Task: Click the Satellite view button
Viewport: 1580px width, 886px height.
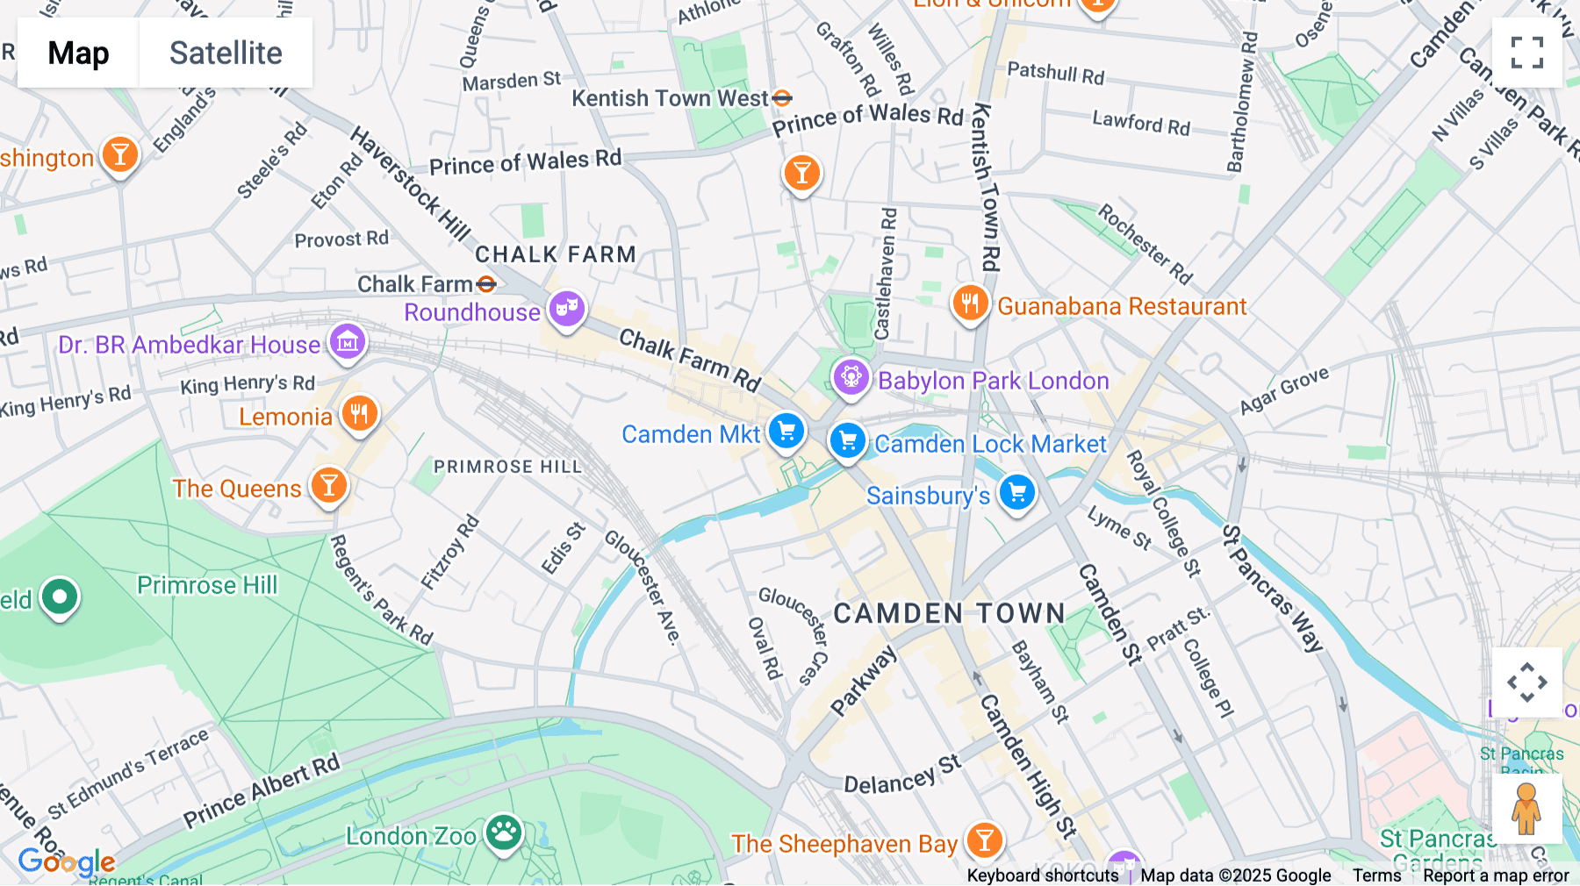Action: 226,53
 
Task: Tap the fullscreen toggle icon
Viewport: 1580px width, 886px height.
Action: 1526,53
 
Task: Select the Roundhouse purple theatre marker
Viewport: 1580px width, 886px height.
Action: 567,309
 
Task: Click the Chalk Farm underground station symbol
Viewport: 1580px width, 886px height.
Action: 486,284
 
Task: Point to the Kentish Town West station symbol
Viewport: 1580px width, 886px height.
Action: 782,98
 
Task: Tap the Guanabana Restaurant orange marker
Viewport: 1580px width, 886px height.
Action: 970,304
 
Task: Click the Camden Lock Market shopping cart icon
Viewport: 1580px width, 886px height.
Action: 848,441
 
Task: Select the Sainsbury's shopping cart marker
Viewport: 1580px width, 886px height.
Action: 1016,493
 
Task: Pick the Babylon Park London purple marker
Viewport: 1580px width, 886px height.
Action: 851,378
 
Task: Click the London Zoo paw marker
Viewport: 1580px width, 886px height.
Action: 504,832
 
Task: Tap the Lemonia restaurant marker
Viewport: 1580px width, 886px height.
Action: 359,413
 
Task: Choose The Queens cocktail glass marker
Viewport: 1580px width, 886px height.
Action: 329,485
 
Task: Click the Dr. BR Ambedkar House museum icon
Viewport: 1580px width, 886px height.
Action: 348,342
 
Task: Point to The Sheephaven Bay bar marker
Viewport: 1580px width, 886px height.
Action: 984,840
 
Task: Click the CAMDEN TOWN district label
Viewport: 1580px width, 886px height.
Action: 949,613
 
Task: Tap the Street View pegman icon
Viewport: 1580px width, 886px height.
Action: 1526,808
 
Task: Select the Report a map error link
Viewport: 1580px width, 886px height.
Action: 1496,875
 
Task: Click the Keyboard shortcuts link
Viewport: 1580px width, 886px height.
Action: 1042,875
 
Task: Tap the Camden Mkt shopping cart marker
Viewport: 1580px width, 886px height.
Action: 786,432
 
